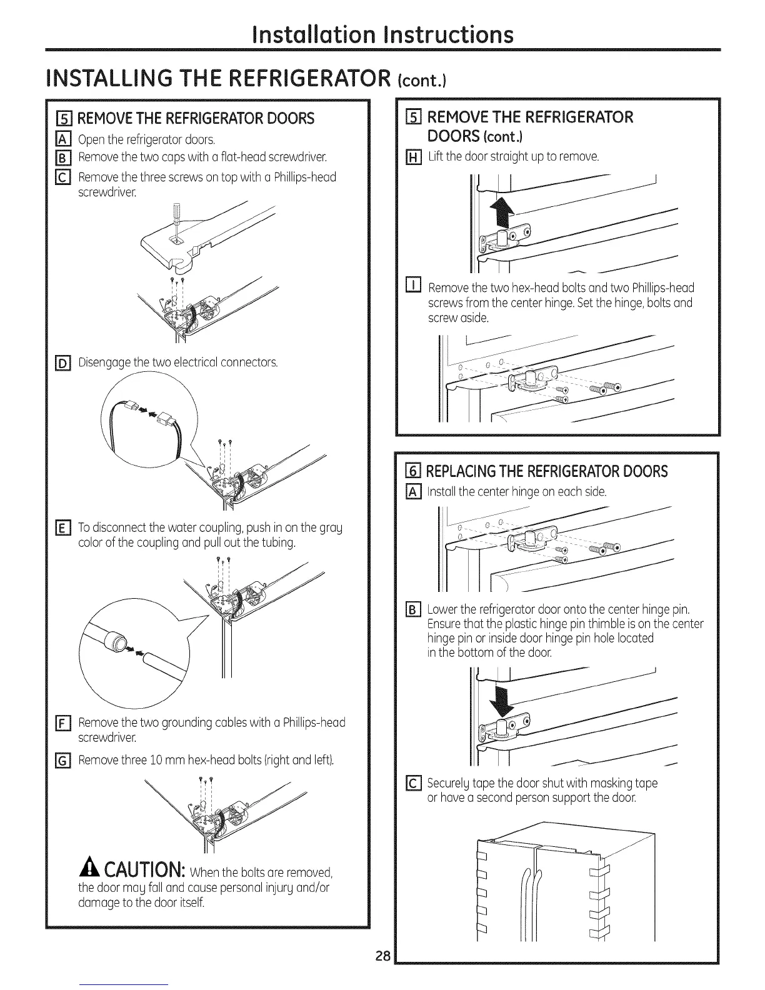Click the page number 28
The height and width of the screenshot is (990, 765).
(383, 973)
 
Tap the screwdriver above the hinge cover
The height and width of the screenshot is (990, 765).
(176, 215)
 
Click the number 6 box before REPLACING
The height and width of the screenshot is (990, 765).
(413, 471)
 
